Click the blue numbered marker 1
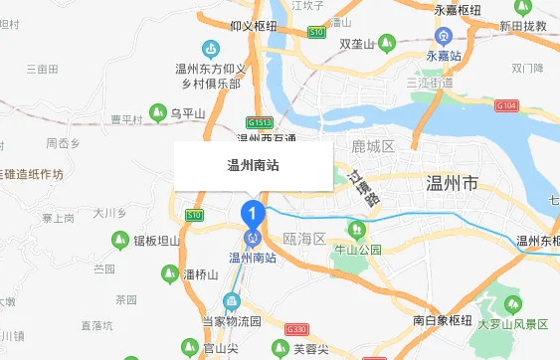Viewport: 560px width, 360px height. [253, 212]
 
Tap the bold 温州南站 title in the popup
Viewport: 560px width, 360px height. [253, 166]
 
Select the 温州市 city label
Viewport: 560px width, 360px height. [452, 184]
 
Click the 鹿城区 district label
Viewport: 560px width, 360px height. [373, 147]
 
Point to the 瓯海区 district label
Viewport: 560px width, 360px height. [304, 240]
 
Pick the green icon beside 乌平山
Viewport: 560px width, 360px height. [157, 113]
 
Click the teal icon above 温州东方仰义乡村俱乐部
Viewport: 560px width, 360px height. [210, 49]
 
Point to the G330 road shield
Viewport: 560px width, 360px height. [295, 329]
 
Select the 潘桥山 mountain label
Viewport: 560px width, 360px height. [200, 274]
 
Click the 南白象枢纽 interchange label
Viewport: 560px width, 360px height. [442, 321]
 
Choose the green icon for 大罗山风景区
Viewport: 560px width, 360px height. [515, 303]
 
